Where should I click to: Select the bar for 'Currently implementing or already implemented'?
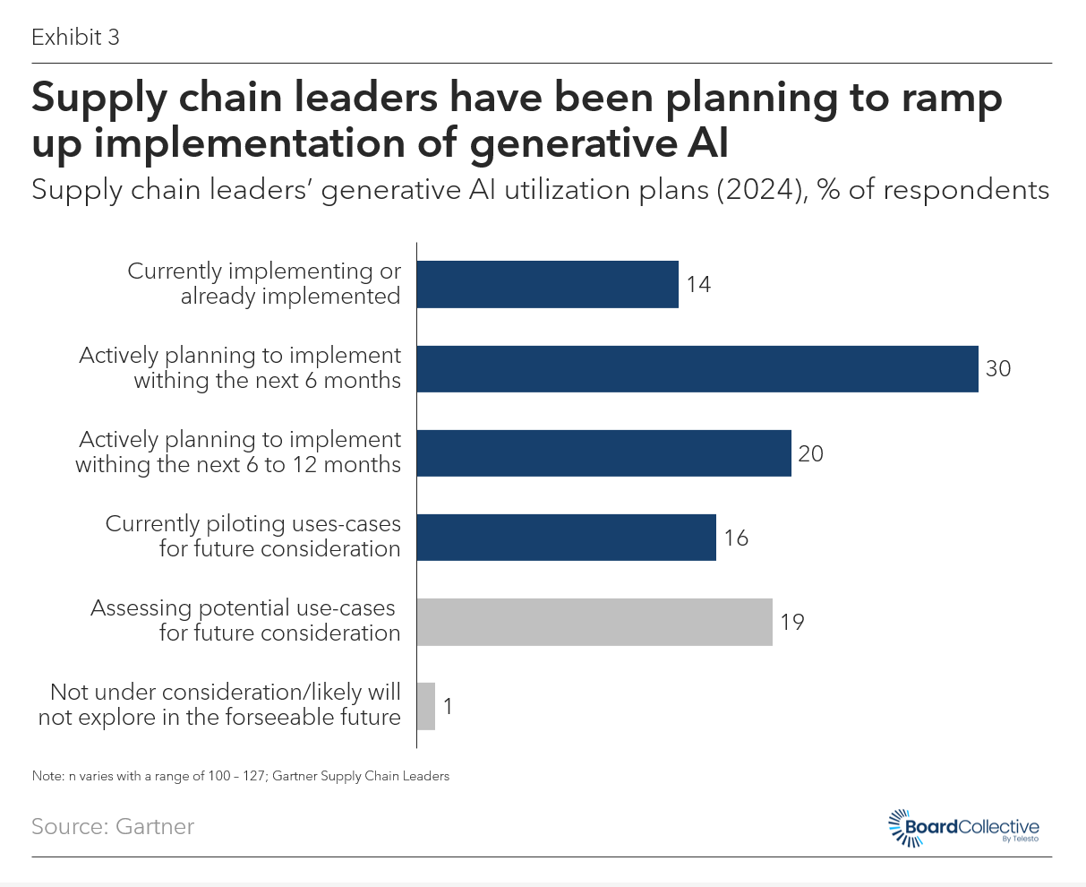[x=547, y=284]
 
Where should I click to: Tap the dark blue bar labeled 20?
[x=603, y=452]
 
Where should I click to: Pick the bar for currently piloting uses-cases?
[x=566, y=537]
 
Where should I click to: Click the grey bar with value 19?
[x=594, y=621]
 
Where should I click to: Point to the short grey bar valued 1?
[x=426, y=706]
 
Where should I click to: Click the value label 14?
[x=698, y=285]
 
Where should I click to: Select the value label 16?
[x=736, y=538]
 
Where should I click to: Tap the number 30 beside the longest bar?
[x=998, y=368]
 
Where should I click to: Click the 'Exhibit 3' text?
[x=75, y=38]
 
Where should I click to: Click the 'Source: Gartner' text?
[x=113, y=826]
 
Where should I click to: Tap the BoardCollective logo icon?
[x=899, y=826]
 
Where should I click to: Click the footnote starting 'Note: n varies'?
[x=240, y=776]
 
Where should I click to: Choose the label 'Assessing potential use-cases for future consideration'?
[x=244, y=620]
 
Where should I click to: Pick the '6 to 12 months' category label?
[x=239, y=452]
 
